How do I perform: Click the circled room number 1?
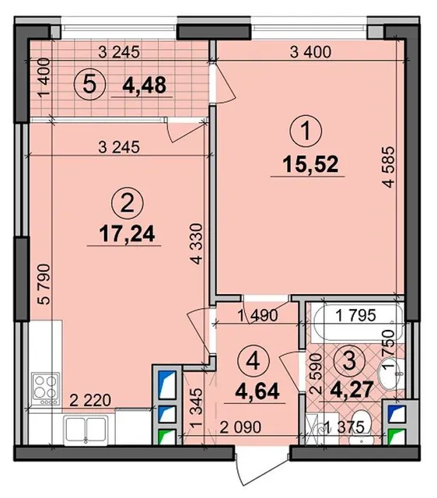pyautogui.click(x=306, y=132)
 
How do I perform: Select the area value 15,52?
pyautogui.click(x=311, y=164)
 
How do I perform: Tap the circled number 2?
pyautogui.click(x=128, y=204)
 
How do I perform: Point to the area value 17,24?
pyautogui.click(x=127, y=233)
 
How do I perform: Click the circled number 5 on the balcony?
pyautogui.click(x=90, y=85)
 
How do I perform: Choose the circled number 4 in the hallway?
pyautogui.click(x=253, y=362)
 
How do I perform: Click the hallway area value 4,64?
pyautogui.click(x=257, y=391)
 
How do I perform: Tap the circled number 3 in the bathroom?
pyautogui.click(x=350, y=361)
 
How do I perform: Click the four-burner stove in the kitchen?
pyautogui.click(x=46, y=389)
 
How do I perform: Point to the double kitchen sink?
pyautogui.click(x=86, y=430)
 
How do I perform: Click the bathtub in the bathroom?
pyautogui.click(x=357, y=323)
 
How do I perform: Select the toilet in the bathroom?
pyautogui.click(x=362, y=427)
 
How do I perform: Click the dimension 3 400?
pyautogui.click(x=311, y=52)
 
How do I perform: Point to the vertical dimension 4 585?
pyautogui.click(x=388, y=167)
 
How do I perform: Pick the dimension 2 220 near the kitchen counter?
pyautogui.click(x=90, y=400)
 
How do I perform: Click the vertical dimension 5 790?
pyautogui.click(x=44, y=284)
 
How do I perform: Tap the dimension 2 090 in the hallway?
pyautogui.click(x=240, y=427)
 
